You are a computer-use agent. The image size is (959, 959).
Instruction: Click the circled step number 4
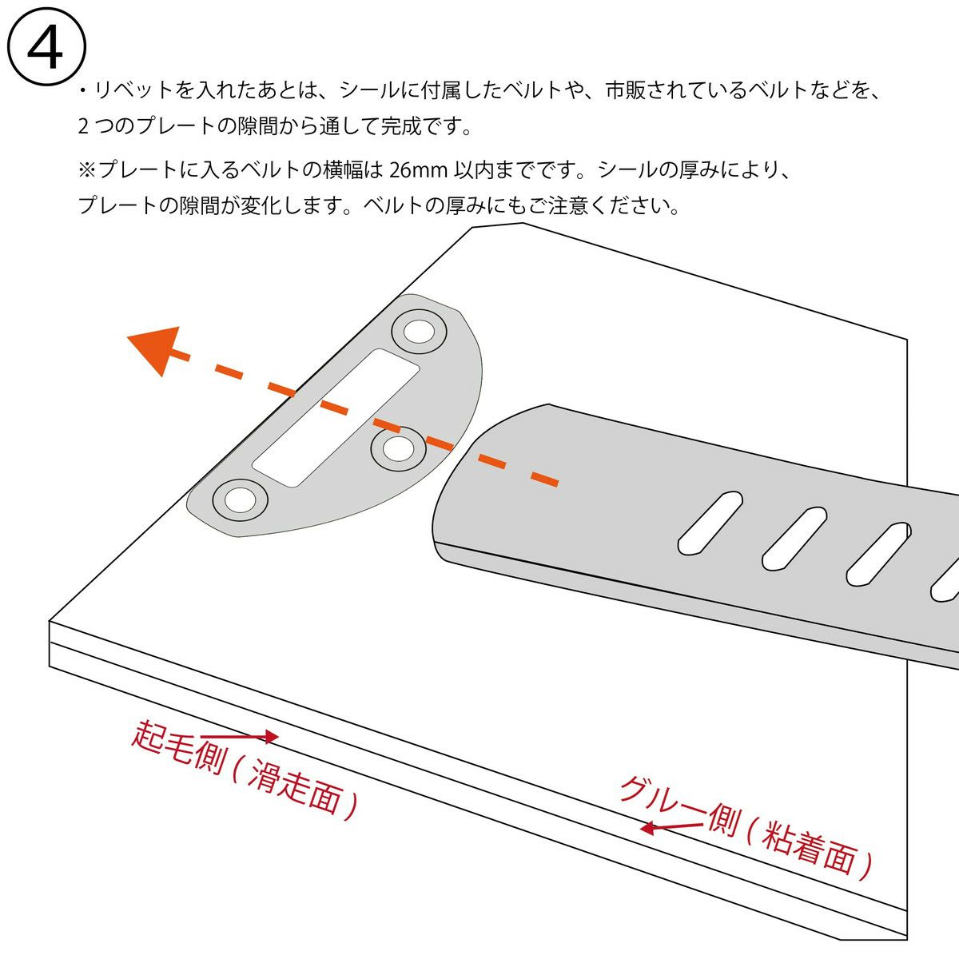click(x=46, y=47)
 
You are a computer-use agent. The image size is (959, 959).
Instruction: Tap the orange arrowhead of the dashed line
click(x=155, y=348)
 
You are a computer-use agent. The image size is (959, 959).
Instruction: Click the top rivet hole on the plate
click(x=419, y=332)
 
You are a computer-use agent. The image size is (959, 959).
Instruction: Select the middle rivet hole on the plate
click(x=398, y=449)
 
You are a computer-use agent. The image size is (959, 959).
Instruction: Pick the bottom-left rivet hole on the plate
click(x=241, y=499)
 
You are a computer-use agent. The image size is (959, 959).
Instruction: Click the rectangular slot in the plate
click(x=336, y=417)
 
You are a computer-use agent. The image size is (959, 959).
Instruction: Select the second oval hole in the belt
click(x=794, y=539)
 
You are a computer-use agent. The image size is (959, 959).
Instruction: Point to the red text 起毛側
click(x=179, y=747)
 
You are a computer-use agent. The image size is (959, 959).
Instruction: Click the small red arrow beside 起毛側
click(x=240, y=735)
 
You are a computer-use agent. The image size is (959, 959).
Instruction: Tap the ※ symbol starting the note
click(x=87, y=170)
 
